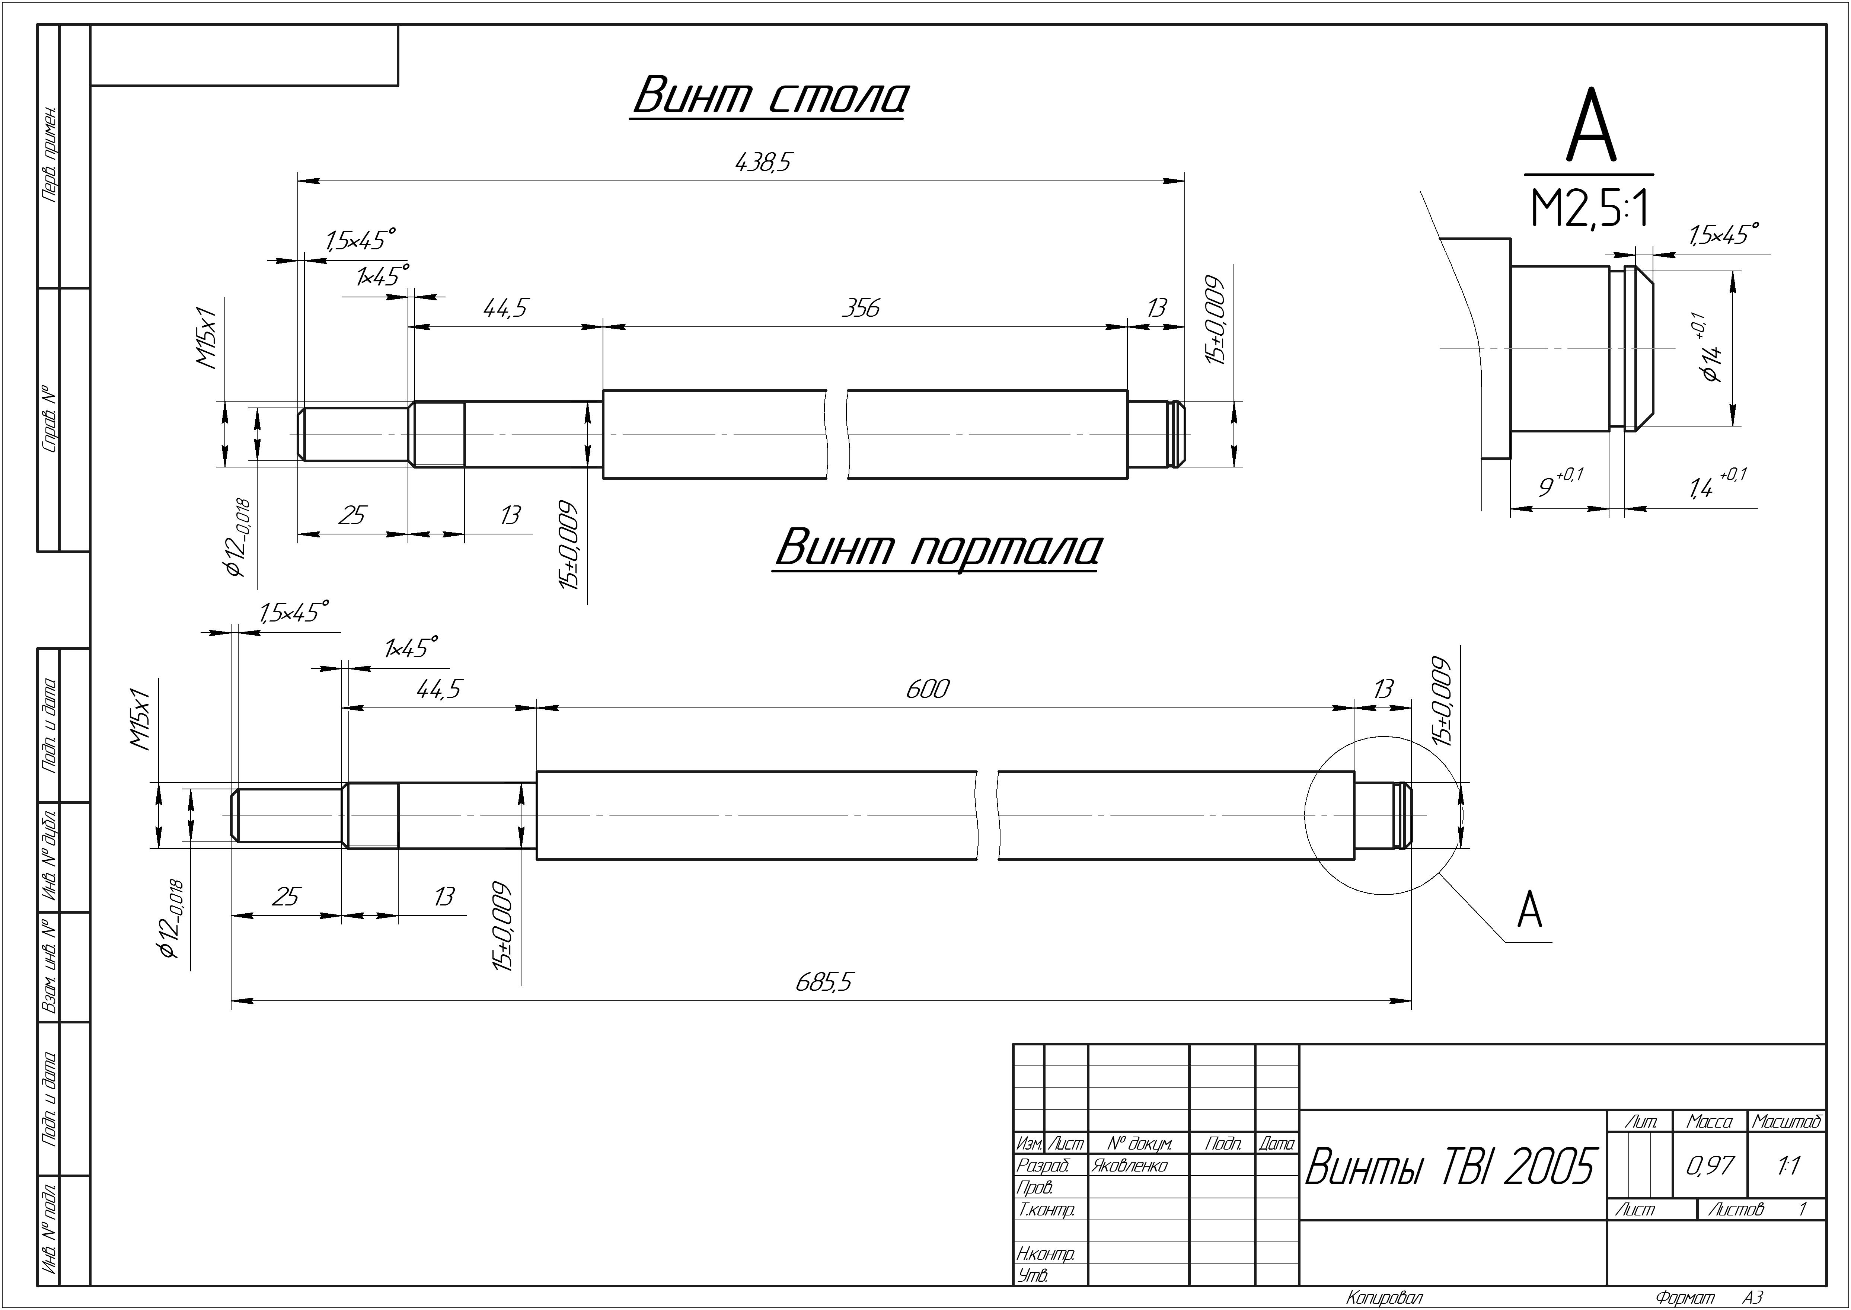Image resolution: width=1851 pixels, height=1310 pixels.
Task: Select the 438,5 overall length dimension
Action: (763, 163)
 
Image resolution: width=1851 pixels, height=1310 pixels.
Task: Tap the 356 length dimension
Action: (861, 308)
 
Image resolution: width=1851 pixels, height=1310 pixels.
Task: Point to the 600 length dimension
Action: (928, 689)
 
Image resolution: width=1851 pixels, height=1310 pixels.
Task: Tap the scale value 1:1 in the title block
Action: (1788, 1166)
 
